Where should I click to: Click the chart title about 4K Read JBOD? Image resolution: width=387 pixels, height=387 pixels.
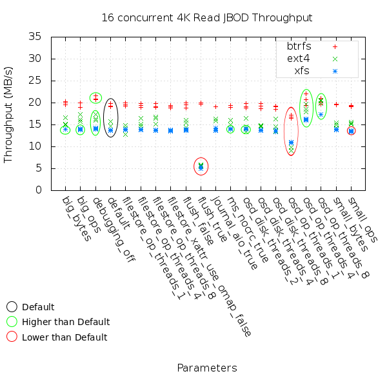click(x=206, y=17)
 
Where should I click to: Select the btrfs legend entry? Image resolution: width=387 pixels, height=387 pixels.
click(x=299, y=46)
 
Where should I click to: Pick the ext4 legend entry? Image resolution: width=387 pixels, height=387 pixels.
click(x=298, y=58)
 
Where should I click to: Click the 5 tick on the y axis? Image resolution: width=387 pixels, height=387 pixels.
click(x=39, y=168)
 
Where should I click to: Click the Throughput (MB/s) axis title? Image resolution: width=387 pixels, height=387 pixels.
click(x=9, y=114)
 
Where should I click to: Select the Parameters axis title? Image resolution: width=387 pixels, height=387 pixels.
click(x=206, y=368)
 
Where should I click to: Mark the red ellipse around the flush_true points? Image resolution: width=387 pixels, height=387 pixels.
click(x=201, y=166)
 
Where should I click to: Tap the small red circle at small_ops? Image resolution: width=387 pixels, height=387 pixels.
click(x=351, y=131)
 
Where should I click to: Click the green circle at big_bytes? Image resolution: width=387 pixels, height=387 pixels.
click(x=65, y=130)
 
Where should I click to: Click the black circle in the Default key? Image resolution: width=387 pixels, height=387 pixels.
click(x=12, y=307)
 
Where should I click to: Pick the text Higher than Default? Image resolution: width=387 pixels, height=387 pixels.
click(x=66, y=322)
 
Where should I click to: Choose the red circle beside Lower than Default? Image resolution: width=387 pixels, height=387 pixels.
click(x=12, y=337)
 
